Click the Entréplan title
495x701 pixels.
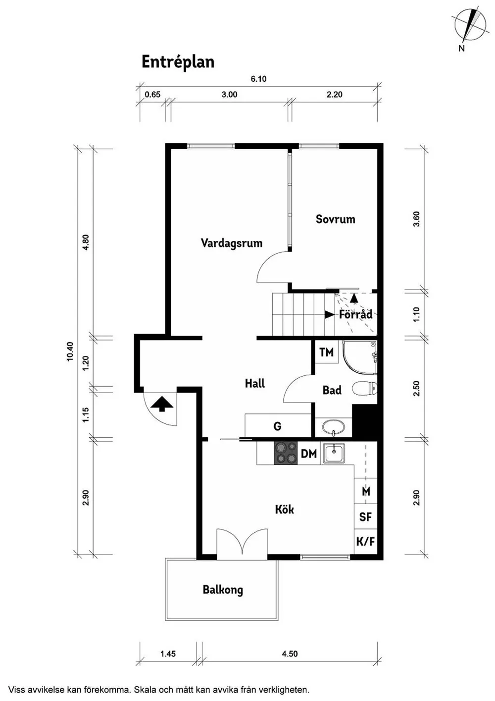pos(178,62)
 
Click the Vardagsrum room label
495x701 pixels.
pos(232,243)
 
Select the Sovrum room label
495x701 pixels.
pos(335,219)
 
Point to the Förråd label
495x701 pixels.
pos(356,314)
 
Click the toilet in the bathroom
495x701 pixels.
pos(364,389)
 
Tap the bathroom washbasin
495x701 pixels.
pos(334,427)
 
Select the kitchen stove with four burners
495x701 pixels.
pos(286,453)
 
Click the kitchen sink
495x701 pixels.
pos(334,453)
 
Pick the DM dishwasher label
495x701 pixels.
pos(309,454)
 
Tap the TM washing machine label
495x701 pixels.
pos(326,352)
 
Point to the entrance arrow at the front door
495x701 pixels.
pos(161,404)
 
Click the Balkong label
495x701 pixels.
pos(223,590)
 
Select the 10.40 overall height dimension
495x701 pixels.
pos(70,351)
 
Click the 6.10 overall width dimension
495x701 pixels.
pos(259,79)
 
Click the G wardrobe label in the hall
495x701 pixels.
pos(277,426)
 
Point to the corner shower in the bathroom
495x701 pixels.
pos(360,357)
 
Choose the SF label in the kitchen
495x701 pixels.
pos(365,517)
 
